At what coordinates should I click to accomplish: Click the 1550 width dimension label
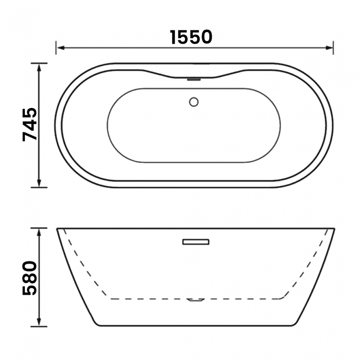point(191,37)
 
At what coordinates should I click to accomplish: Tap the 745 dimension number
point(30,125)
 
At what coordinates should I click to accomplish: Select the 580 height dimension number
point(30,277)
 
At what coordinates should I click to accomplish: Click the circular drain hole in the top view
point(194,102)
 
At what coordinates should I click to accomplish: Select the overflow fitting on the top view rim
point(194,79)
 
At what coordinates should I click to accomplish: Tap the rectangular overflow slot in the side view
point(195,241)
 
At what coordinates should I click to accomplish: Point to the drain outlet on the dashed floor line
point(195,300)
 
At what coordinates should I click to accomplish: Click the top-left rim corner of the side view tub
point(57,228)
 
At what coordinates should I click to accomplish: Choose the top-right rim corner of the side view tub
point(334,228)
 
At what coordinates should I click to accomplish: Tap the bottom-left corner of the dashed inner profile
point(111,299)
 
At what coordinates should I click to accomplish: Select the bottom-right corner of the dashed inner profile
point(281,299)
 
